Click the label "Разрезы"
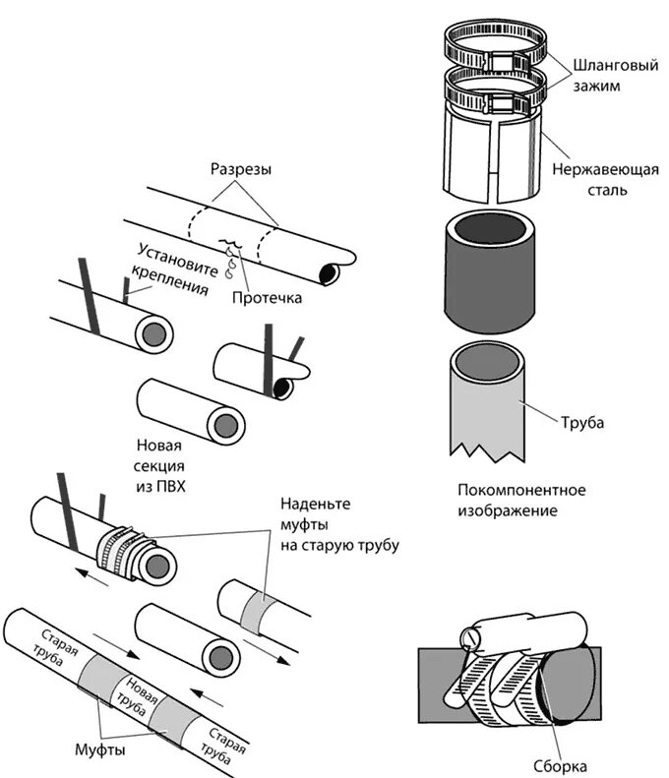(241, 169)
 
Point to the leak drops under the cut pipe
(232, 257)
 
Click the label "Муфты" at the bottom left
(99, 750)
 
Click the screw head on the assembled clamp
(470, 638)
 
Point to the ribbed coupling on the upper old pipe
(122, 547)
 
